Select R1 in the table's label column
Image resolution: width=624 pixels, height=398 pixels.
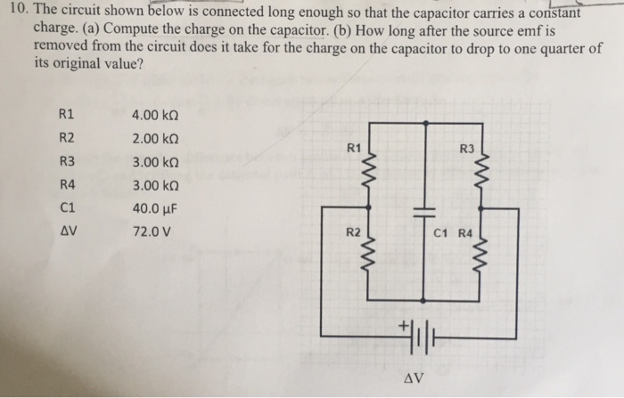65,115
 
